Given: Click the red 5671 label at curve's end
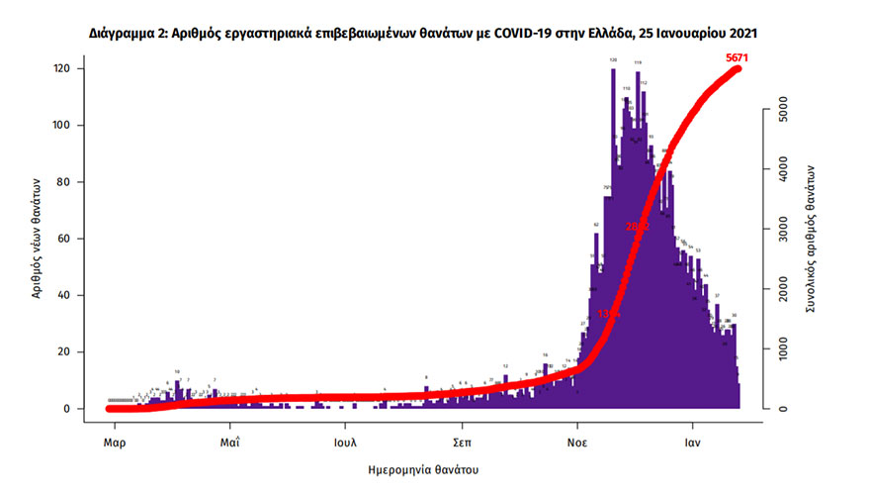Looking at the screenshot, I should click(x=736, y=58).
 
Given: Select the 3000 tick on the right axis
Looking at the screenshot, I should click(x=779, y=230).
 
